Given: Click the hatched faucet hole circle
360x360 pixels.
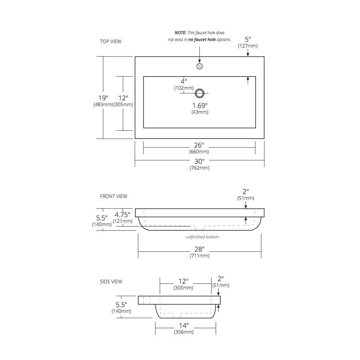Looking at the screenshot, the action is point(199,66).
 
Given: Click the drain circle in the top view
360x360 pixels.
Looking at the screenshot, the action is point(199,94).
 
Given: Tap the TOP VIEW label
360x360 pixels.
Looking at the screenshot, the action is point(111,41).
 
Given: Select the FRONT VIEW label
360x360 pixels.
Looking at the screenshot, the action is point(113,196).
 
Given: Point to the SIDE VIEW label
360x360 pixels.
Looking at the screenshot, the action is point(111,282).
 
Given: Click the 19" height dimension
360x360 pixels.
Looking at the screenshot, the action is point(103,98).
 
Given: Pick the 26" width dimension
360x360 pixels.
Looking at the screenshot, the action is point(199,145).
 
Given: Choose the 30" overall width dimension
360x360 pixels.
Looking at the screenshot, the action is point(199,161).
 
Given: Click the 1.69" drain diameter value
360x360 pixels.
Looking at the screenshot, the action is point(200,105).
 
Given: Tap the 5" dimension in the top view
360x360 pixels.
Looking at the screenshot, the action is point(248,40).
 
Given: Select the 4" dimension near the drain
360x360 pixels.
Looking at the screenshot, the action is point(184,81).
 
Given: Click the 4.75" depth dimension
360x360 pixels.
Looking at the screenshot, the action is point(122,215).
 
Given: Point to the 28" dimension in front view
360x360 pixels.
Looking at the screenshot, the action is point(199,249).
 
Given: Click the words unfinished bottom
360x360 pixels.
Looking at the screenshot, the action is point(202,237).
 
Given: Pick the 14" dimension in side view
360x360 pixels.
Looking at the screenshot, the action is point(184,325).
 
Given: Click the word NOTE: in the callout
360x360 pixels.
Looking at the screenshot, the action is point(180,33).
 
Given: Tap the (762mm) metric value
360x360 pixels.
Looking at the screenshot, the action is point(199,168).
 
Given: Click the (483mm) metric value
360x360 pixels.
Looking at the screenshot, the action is point(103,105).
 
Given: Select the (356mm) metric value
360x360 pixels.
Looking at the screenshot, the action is point(184,332).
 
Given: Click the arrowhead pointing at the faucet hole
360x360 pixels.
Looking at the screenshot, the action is point(199,61).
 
